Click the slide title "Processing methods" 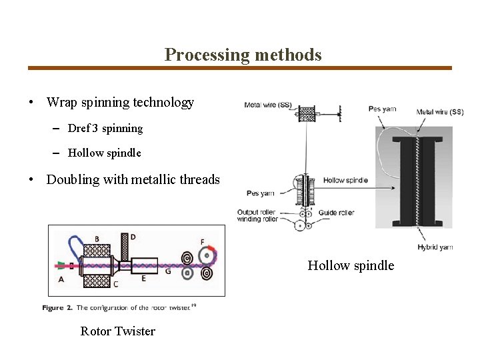coord(243,55)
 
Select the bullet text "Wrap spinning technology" coord(120,102)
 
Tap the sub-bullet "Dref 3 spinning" coord(105,128)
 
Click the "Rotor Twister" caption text coord(117,331)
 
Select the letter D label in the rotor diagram coord(133,236)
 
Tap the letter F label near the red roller coord(202,241)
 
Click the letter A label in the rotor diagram coord(61,279)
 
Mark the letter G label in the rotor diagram coord(167,271)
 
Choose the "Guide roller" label coord(336,213)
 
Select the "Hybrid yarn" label coord(435,247)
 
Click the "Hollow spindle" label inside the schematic coord(345,181)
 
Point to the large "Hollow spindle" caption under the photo coord(351,266)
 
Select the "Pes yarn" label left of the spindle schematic coord(260,193)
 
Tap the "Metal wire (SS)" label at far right coord(439,112)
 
